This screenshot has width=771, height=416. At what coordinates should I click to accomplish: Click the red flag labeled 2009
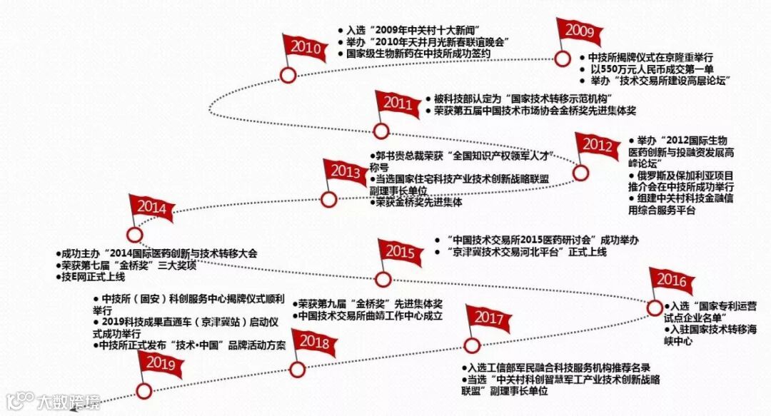[x=580, y=31]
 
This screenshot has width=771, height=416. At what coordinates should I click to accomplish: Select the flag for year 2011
[x=397, y=103]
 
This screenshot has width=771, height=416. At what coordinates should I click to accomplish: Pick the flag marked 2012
[x=598, y=145]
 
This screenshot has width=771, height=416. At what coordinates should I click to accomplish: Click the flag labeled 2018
[x=313, y=343]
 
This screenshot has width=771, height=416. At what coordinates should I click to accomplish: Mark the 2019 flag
[x=160, y=362]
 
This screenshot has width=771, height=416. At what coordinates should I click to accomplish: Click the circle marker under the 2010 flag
[x=288, y=75]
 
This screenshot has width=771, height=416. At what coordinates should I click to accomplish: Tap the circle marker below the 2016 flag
[x=655, y=308]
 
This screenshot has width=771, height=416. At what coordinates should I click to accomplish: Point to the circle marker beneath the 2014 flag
[x=133, y=234]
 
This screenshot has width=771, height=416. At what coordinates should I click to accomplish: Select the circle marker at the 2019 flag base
[x=144, y=390]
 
